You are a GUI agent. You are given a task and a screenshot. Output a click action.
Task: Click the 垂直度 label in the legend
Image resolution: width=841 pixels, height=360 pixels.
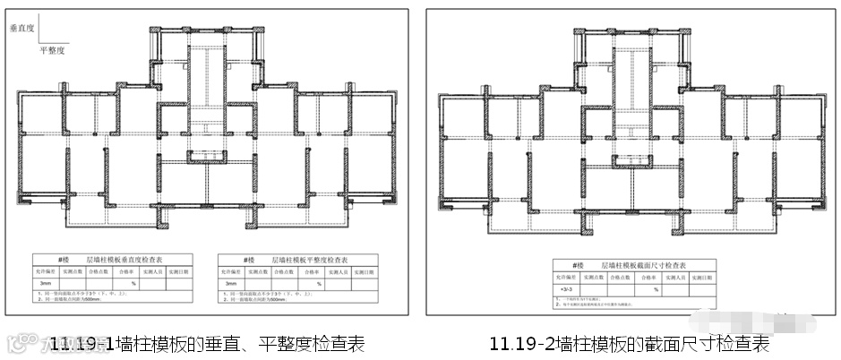coord(21,28)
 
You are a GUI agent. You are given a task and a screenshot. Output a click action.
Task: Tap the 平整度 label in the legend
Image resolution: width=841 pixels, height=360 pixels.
coord(53,51)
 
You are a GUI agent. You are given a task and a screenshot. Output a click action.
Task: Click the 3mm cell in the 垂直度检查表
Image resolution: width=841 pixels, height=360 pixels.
coord(47,283)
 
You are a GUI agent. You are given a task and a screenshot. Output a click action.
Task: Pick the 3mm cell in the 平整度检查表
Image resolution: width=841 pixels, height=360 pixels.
coord(232,283)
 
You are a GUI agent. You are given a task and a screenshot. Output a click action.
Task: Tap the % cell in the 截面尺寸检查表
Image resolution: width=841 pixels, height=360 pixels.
coord(656,289)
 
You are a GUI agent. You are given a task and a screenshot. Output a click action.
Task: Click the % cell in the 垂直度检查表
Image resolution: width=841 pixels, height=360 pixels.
coord(133,283)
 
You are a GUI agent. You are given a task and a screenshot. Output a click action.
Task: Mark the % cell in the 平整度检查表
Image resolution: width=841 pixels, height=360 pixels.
coord(318,283)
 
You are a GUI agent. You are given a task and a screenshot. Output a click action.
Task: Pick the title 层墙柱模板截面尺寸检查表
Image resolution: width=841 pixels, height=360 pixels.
coord(646,265)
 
